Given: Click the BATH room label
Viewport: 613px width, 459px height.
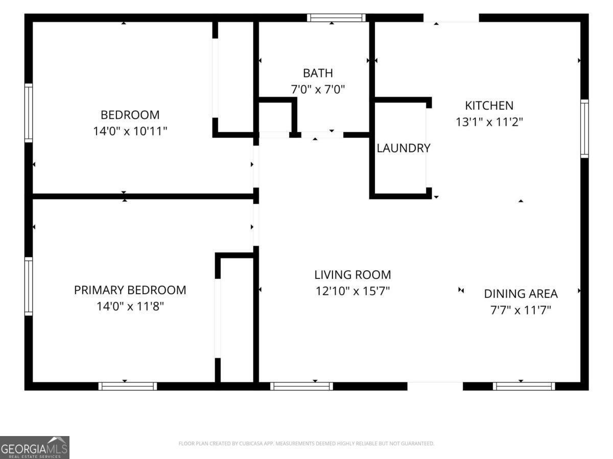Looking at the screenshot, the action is coord(318,73).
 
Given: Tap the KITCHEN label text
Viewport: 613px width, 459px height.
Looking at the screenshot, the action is coord(489,106).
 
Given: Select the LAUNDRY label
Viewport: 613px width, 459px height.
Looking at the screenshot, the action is coord(403,148).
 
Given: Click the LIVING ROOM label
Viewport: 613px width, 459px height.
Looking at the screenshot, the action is coord(352,275).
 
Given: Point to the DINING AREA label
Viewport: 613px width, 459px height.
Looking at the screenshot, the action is coord(521,294).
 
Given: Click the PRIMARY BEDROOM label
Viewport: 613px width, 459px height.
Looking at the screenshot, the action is coord(130,290).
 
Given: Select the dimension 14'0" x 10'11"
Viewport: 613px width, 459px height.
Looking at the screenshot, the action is coord(130,131).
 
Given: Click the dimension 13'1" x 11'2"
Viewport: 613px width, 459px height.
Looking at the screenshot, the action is coord(489,122).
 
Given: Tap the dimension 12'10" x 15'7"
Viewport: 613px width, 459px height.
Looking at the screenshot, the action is coord(352,291).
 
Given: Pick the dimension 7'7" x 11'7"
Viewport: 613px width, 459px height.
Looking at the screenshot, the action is coord(521,310).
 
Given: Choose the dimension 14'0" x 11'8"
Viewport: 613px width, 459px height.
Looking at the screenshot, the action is coord(130,307).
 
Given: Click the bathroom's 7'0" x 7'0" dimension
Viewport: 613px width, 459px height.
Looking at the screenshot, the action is coord(318,89).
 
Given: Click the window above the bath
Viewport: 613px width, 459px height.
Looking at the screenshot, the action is coord(336,17).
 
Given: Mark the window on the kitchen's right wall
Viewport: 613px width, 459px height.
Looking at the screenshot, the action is coord(584,129).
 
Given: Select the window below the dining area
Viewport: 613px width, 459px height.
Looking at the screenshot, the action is coord(524,386).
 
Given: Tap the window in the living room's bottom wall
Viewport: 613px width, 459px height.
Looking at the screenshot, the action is coord(301,386).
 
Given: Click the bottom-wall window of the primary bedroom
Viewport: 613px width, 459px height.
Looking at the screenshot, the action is coord(128,386).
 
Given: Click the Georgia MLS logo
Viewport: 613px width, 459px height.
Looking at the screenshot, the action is coord(35,448).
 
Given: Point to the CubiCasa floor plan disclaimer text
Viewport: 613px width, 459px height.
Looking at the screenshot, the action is coord(306,443).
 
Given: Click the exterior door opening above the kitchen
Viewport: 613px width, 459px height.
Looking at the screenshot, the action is coord(451,17).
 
